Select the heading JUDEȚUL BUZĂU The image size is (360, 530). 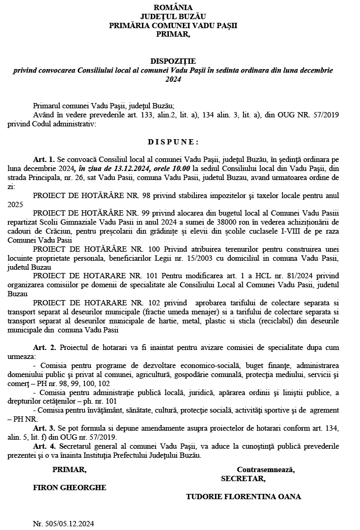click(173, 16)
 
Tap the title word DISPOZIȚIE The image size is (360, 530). click(173, 62)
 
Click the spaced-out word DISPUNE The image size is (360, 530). click(173, 142)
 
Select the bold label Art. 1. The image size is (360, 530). click(44, 159)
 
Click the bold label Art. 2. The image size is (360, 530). click(44, 347)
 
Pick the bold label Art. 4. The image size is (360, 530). click(44, 447)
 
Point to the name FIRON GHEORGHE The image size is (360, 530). click(70, 488)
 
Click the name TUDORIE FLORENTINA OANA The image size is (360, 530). click(243, 497)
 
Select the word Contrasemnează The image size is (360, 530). click(266, 469)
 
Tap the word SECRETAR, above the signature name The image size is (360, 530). click(243, 478)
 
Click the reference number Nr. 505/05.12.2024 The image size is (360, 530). click(63, 524)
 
